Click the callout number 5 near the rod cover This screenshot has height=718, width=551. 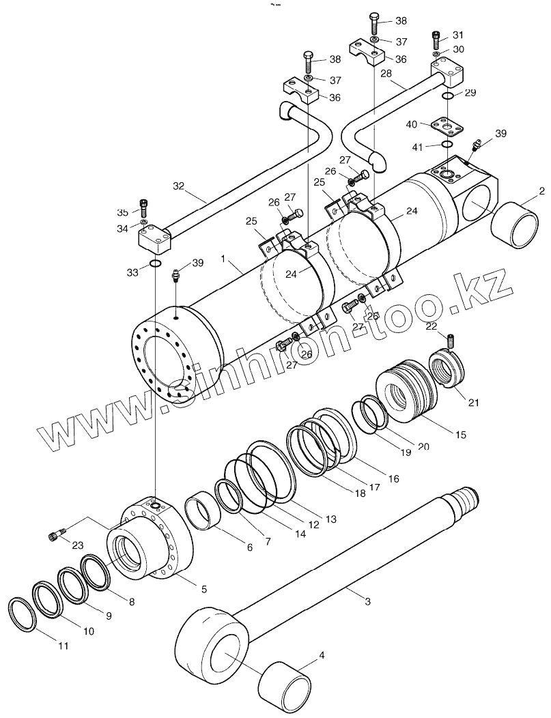tap(203, 589)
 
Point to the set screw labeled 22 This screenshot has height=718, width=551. tap(450, 339)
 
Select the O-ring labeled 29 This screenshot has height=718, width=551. tap(447, 96)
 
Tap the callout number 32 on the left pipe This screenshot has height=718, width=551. tap(179, 185)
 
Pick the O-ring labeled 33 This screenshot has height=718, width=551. tap(156, 265)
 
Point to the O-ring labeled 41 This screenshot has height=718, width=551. tap(447, 145)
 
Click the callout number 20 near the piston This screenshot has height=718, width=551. tap(423, 446)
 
